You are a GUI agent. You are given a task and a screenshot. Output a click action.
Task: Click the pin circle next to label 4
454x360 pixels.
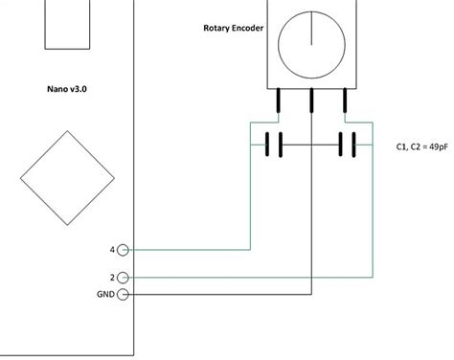click(x=125, y=250)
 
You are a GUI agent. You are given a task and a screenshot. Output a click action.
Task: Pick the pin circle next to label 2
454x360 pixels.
click(x=125, y=277)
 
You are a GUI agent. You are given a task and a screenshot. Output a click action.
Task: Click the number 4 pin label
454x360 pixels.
click(x=112, y=250)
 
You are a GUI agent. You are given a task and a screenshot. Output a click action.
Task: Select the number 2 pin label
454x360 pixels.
click(x=112, y=277)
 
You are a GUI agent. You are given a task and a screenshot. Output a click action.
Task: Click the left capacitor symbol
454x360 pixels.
click(x=274, y=146)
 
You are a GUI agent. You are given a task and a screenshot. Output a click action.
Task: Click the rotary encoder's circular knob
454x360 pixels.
click(x=311, y=44)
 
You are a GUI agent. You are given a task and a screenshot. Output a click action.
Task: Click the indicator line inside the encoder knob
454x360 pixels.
click(x=311, y=29)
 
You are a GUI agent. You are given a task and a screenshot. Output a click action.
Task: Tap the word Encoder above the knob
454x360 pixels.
click(x=252, y=28)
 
